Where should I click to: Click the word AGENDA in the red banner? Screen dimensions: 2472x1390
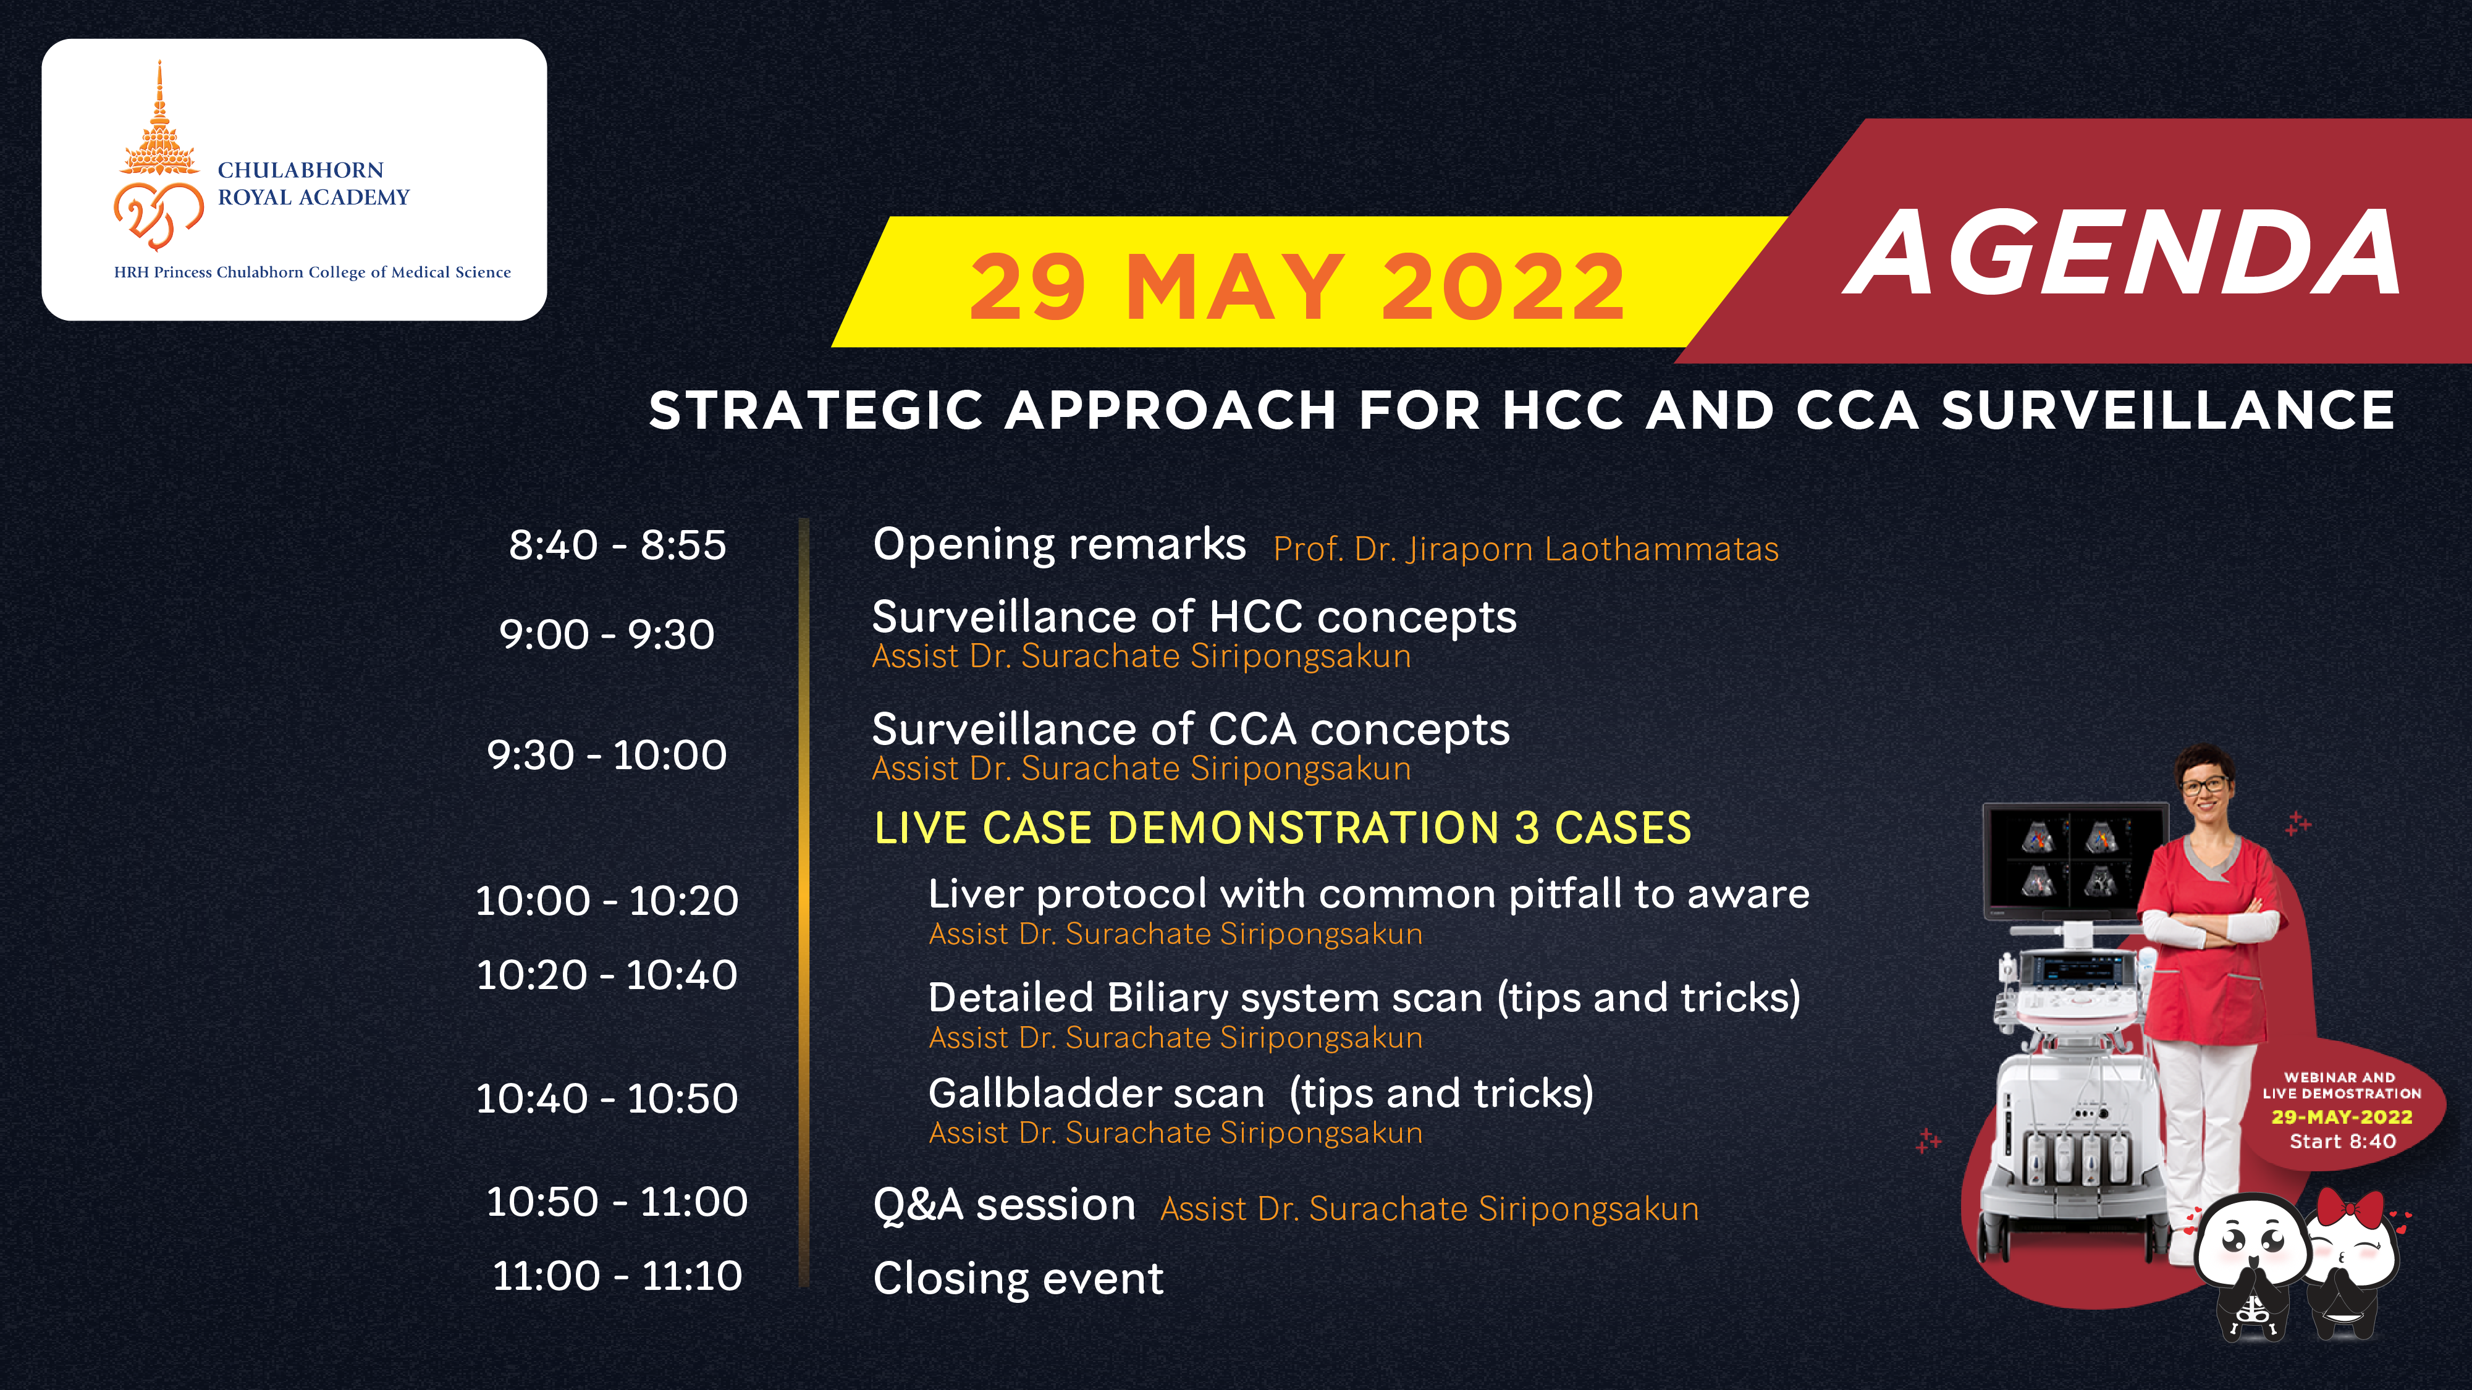pyautogui.click(x=2122, y=253)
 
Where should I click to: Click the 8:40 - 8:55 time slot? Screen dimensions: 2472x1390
pyautogui.click(x=617, y=545)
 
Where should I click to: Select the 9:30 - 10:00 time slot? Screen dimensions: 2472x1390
pyautogui.click(x=607, y=755)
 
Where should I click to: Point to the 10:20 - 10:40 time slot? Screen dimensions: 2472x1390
pyautogui.click(x=607, y=975)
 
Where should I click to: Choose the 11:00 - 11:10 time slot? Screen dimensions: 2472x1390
pyautogui.click(x=617, y=1276)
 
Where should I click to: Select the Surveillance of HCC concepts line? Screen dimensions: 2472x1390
pyautogui.click(x=1194, y=617)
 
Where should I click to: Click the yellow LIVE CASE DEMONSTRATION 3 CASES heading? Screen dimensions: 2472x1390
pyautogui.click(x=1282, y=828)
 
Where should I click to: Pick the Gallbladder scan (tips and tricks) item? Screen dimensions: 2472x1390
pyautogui.click(x=1261, y=1093)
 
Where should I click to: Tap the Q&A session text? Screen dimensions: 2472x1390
pyautogui.click(x=1004, y=1205)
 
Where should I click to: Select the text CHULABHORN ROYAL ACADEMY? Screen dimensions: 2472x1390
pyautogui.click(x=313, y=183)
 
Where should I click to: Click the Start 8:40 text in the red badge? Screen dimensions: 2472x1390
pyautogui.click(x=2342, y=1142)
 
